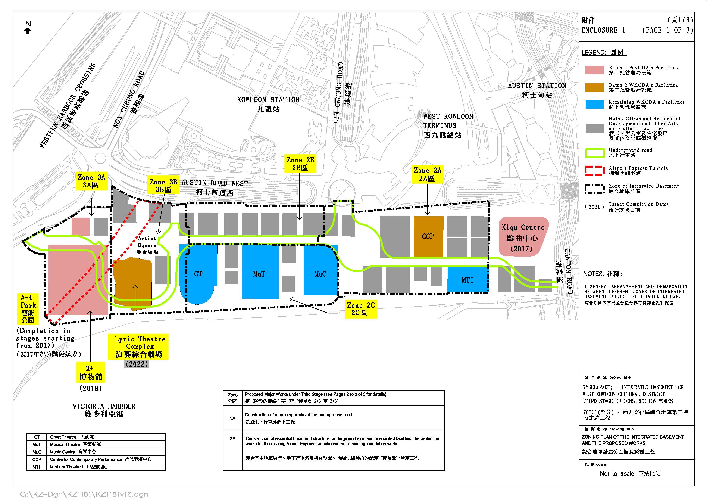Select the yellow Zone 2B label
(x=300, y=164)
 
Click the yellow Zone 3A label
(x=91, y=181)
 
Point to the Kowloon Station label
(x=268, y=104)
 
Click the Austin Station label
(x=537, y=90)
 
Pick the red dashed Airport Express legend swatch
(x=594, y=171)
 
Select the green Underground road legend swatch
(x=594, y=153)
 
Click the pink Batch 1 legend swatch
(x=594, y=70)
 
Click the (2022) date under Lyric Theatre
(x=137, y=364)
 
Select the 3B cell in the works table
(x=232, y=438)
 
